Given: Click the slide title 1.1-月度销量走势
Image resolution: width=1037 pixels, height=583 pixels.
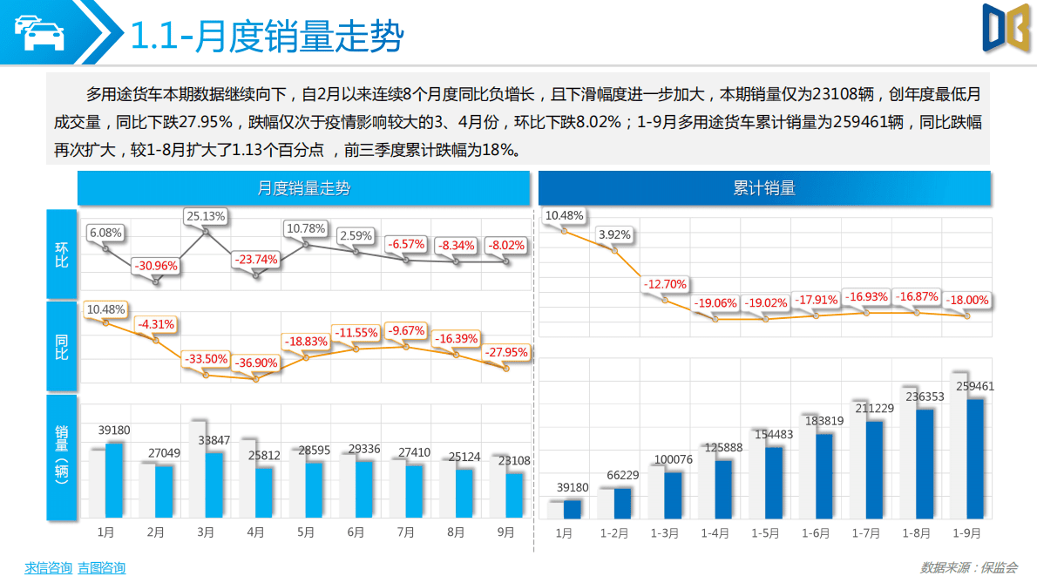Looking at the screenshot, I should click(267, 37).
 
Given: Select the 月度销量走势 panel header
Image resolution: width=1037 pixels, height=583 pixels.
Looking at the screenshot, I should click(303, 188).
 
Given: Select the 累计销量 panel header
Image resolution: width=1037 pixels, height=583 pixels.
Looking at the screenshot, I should click(764, 188).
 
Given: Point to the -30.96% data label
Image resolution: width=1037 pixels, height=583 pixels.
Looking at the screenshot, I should click(157, 266).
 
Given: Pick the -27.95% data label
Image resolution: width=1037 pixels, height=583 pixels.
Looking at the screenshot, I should click(505, 352).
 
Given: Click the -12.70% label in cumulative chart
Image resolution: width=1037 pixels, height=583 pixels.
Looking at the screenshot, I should click(665, 284).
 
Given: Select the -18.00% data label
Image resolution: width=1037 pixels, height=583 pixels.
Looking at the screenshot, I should click(967, 300).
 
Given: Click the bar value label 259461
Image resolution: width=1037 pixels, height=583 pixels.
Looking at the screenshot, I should click(974, 386).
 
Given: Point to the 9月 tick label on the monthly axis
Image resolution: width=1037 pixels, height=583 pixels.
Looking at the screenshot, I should click(505, 532).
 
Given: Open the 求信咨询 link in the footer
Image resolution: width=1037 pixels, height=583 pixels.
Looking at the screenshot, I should click(48, 567).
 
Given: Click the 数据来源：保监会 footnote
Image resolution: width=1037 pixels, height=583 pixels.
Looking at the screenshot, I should click(968, 567).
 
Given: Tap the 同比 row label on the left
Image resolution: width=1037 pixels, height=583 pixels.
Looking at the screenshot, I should click(62, 347).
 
